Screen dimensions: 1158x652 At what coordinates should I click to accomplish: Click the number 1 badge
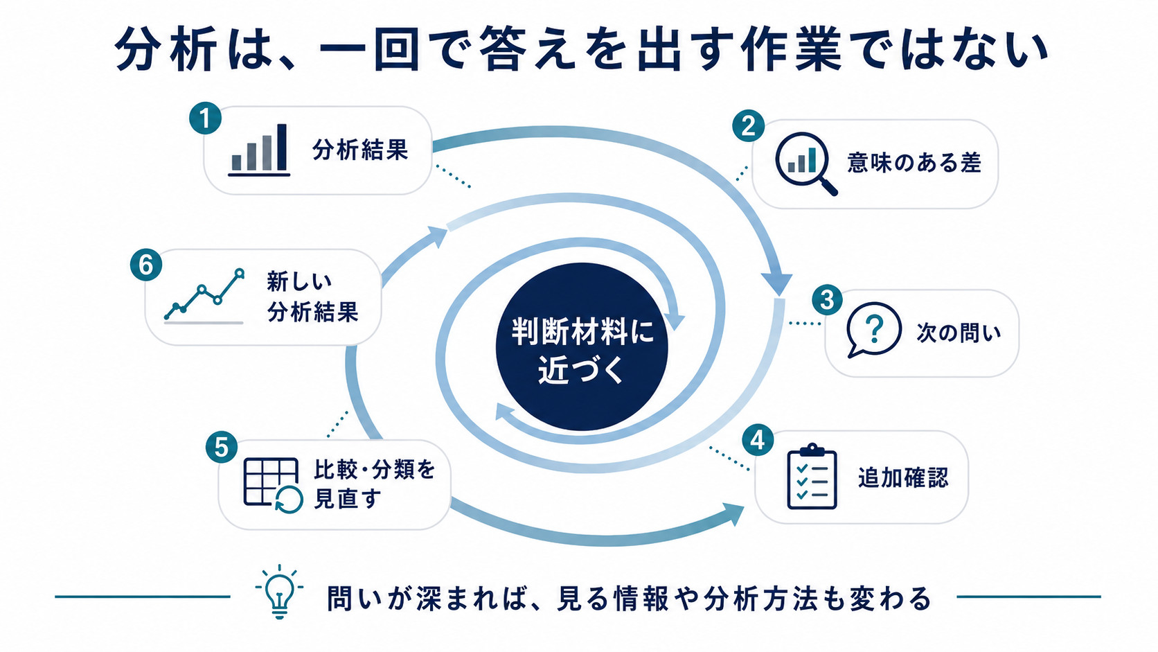coord(205,118)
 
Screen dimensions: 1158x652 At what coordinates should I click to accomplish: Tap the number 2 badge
coord(748,125)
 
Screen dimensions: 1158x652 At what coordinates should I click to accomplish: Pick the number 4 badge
coord(758,440)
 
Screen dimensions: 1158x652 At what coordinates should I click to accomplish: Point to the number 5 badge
coord(221,447)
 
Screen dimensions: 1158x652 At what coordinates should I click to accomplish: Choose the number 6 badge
coord(145,265)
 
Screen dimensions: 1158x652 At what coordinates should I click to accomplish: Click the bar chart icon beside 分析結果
coord(259,150)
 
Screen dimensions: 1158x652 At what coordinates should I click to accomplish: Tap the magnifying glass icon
coord(806,164)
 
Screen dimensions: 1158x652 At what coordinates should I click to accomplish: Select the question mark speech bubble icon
coord(873,330)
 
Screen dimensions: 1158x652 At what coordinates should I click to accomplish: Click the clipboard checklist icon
coord(812,476)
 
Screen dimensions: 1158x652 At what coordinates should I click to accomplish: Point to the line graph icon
coord(204,297)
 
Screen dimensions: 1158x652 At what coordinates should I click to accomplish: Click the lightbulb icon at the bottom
coord(279,592)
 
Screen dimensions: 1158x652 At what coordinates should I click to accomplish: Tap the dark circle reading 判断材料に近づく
coord(582,346)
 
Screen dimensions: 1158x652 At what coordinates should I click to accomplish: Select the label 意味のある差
coord(914,163)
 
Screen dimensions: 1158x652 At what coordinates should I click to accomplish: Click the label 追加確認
coord(903,477)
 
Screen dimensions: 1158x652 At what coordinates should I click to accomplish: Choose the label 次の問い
coord(959,333)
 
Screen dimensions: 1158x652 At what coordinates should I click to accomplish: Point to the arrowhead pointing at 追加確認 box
coord(734,513)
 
